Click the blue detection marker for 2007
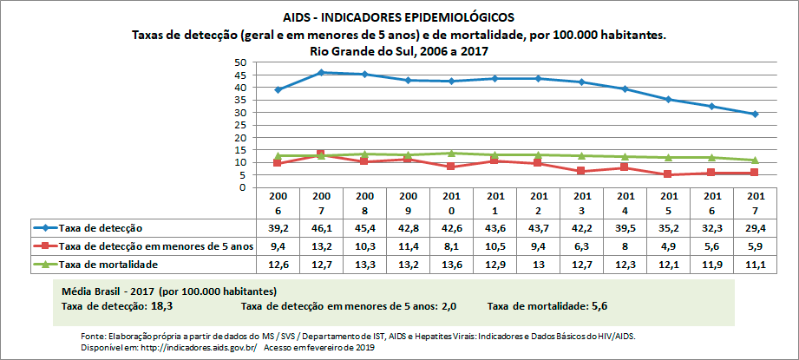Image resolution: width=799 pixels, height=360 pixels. pos(321,73)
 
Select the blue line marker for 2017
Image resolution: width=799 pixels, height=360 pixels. pos(756,115)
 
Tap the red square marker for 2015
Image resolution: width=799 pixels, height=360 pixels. pos(669,174)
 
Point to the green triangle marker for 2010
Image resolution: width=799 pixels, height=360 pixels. pos(451,153)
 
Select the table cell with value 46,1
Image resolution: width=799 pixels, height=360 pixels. pos(321,227)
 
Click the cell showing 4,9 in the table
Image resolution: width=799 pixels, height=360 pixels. pos(669,246)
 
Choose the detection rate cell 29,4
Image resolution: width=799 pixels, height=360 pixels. pos(756,227)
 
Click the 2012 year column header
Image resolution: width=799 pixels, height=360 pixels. pos(538,202)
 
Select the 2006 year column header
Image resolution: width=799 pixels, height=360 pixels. pos(278,202)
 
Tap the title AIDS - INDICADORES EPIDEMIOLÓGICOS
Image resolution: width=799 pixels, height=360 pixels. pos(398,16)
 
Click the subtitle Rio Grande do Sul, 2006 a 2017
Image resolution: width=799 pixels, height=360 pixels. pos(398,51)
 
